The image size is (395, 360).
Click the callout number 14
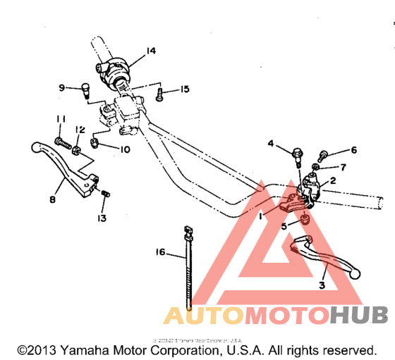coord(150,50)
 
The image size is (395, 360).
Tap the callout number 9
coord(62,87)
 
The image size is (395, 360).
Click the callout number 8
coord(51,199)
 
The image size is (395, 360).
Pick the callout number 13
coord(103,219)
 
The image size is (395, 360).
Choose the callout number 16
coord(160,252)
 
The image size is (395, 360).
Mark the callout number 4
coord(271,144)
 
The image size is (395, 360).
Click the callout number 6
coord(354,149)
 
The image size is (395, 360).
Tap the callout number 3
coord(322,285)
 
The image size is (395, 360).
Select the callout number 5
coord(284,227)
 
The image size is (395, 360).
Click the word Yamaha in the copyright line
coord(83,349)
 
